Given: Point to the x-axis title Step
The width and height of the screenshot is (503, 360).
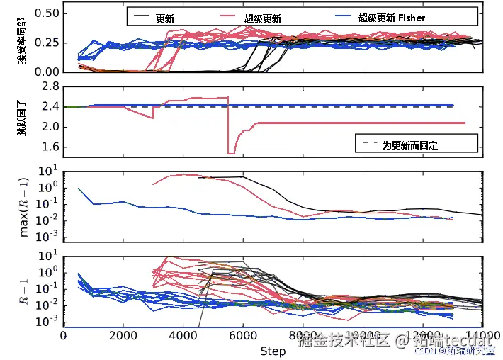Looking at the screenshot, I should click(x=273, y=351).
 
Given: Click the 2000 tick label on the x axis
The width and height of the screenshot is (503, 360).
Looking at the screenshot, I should click(x=123, y=336).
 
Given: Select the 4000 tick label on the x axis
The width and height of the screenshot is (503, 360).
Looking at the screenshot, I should click(x=183, y=336).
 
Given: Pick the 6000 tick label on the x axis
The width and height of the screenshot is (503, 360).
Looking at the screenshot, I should click(x=244, y=336).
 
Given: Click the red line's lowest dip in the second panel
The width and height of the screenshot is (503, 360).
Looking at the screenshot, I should click(x=231, y=153).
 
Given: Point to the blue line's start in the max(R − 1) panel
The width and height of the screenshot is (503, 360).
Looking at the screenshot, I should click(x=78, y=188).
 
